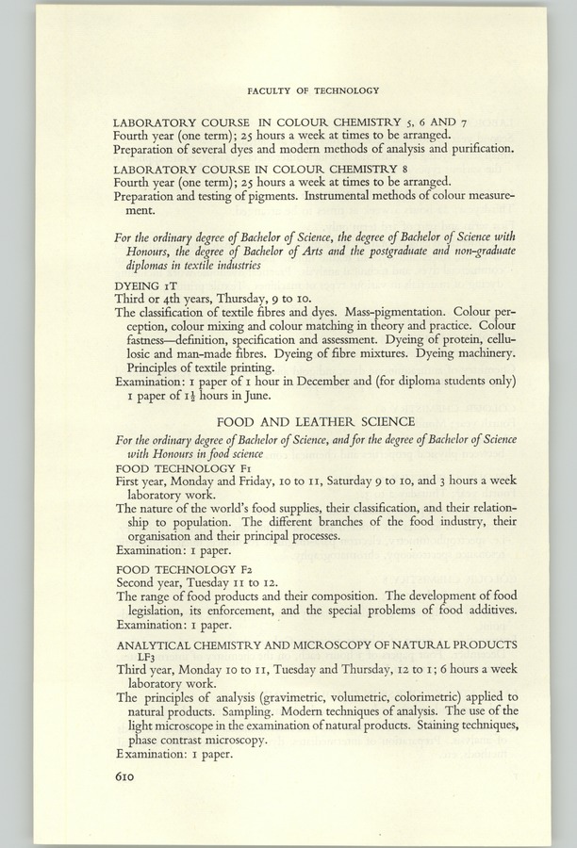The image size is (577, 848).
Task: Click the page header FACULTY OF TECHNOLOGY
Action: (x=312, y=90)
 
